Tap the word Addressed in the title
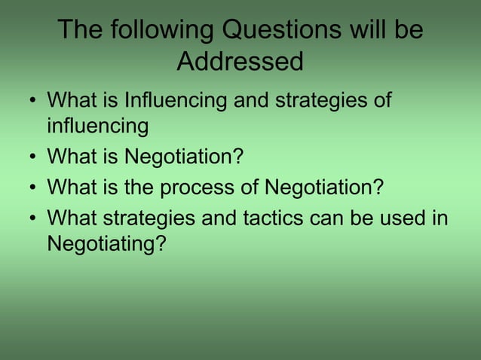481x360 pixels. coord(240,61)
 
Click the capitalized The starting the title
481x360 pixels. coord(80,31)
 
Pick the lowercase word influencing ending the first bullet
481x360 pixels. coord(97,127)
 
